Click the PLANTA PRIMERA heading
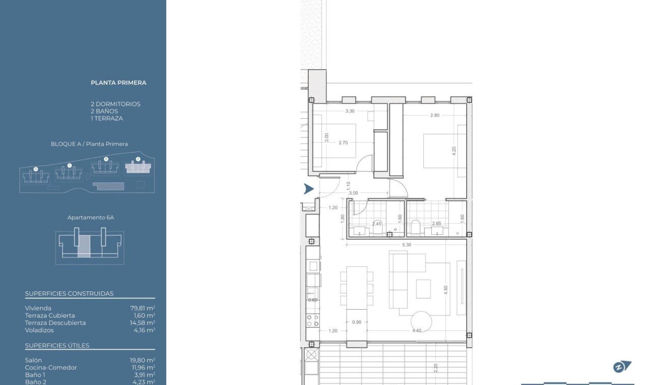point(118,82)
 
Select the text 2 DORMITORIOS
point(115,104)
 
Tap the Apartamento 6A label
point(91,217)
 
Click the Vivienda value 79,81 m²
point(143,308)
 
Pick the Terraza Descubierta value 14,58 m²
point(143,323)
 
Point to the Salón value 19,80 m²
point(143,360)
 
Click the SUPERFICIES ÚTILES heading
point(57,345)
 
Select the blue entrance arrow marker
point(308,189)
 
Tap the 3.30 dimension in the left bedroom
point(350,111)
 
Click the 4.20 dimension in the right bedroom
point(454,151)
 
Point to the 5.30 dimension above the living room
point(406,245)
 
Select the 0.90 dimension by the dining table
point(357,322)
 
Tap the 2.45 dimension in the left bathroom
point(377,224)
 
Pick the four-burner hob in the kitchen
point(312,320)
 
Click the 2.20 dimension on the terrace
point(436,368)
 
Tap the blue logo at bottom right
point(622,367)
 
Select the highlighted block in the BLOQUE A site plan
point(138,167)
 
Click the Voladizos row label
point(39,330)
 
